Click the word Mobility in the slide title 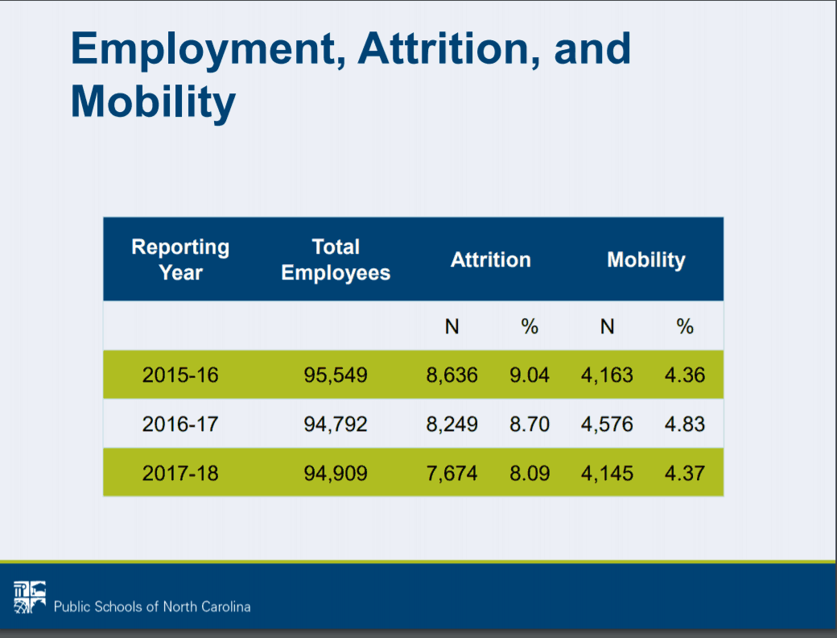pos(153,102)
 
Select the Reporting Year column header pos(180,259)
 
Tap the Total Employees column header pos(336,259)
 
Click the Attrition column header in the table pos(491,260)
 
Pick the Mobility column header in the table pos(646,260)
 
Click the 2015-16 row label pos(180,375)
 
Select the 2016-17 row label pos(180,424)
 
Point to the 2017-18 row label pos(180,473)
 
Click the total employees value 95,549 pos(336,375)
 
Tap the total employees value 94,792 pos(336,424)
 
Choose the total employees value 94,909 pos(336,473)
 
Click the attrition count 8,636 pos(452,375)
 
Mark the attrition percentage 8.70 pos(530,424)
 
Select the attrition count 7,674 pos(452,473)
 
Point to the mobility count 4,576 pos(608,424)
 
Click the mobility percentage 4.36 pos(685,375)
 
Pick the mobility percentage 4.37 pos(685,473)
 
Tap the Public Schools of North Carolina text pos(152,607)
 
